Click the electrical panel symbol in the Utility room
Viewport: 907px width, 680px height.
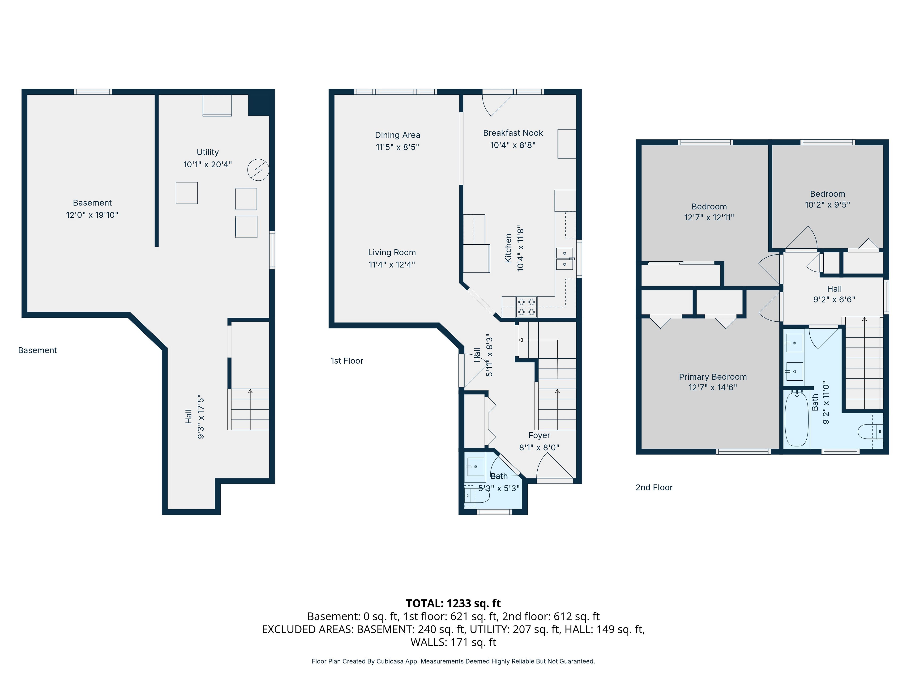[258, 170]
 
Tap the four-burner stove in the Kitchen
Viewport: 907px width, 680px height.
[526, 307]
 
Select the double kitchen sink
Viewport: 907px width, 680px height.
[565, 259]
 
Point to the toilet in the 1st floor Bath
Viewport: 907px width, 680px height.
[477, 495]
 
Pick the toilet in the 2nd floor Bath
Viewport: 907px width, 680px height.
[870, 431]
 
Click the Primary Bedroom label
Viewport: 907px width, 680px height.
[713, 377]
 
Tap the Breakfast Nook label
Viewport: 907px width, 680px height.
[513, 133]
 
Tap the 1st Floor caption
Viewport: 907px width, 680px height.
[347, 361]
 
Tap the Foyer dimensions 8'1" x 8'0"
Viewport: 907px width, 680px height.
[539, 447]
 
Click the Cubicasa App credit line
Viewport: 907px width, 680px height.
[453, 661]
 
